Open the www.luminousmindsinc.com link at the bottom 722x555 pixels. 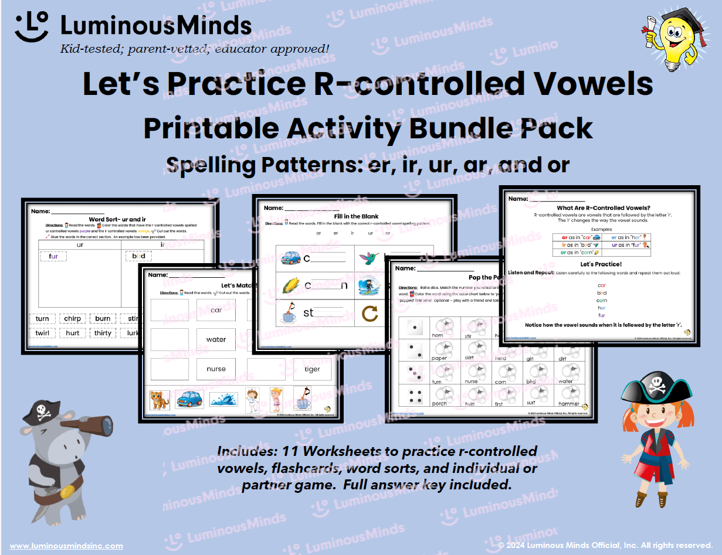pos(66,546)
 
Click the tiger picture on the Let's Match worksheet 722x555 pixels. pos(159,400)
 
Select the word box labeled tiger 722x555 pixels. pos(312,369)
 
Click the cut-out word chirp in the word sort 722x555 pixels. pos(73,319)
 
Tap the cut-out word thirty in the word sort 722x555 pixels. pos(103,333)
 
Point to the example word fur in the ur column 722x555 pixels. pos(53,256)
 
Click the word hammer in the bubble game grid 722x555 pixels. pos(569,404)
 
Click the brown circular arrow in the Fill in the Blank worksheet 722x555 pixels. pos(370,314)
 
